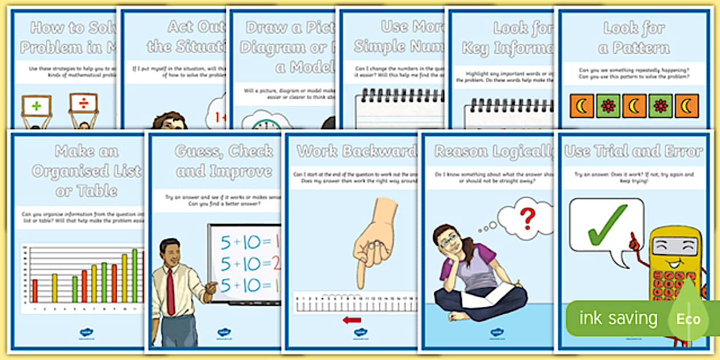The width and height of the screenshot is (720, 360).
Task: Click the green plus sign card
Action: pyautogui.click(x=37, y=105)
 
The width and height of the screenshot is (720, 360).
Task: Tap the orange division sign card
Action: pyautogui.click(x=83, y=104)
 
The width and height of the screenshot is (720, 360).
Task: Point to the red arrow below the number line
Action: pyautogui.click(x=352, y=319)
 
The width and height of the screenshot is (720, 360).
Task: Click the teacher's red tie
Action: pyautogui.click(x=170, y=291)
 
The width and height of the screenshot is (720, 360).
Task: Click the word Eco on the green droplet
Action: pyautogui.click(x=689, y=318)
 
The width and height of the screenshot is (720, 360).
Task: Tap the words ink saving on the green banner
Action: pyautogui.click(x=618, y=318)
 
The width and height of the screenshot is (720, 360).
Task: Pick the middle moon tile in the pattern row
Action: pyautogui.click(x=634, y=106)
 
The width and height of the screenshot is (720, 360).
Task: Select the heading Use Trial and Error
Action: pyautogui.click(x=633, y=151)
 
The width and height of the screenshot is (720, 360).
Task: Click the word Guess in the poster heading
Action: pyautogui.click(x=198, y=152)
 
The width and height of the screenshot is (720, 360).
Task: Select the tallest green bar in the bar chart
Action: pyautogui.click(x=135, y=275)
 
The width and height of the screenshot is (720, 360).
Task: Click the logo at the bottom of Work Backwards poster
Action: pyautogui.click(x=361, y=333)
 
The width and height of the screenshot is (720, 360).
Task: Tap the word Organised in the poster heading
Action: pyautogui.click(x=86, y=171)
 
